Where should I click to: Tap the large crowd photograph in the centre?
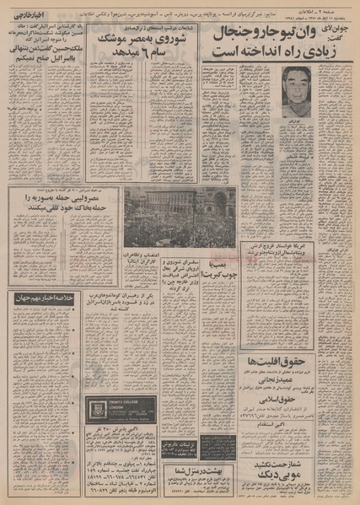coord(169,217)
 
